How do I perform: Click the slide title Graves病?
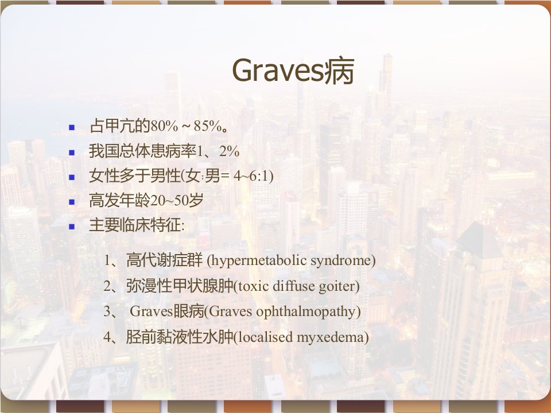(x=293, y=71)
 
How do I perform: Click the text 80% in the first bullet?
(x=165, y=126)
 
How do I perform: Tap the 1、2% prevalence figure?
(x=218, y=151)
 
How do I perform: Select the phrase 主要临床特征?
(x=135, y=225)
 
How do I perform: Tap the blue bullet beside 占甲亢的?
(x=72, y=127)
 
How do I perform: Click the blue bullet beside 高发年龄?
(x=72, y=202)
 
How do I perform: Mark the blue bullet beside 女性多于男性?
(x=72, y=177)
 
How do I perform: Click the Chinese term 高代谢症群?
(x=165, y=260)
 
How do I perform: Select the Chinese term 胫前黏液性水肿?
(x=180, y=337)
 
